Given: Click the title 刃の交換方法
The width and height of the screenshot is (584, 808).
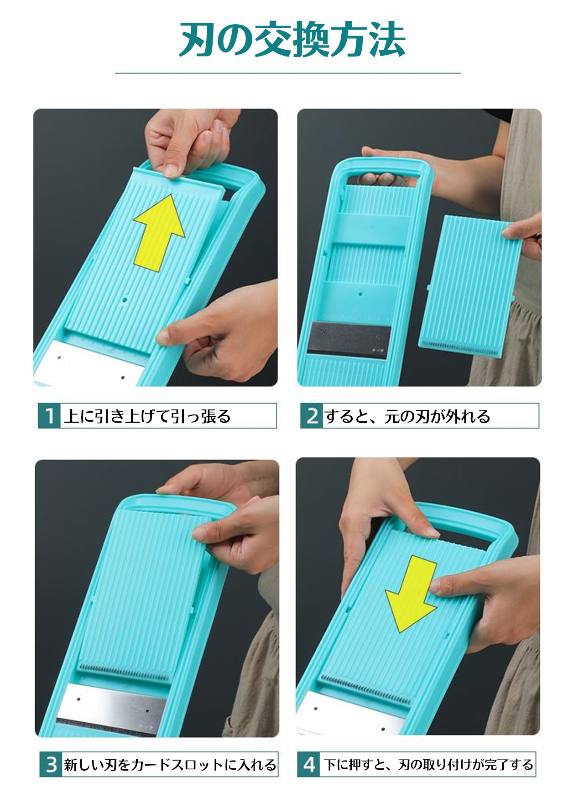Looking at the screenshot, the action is (292, 40).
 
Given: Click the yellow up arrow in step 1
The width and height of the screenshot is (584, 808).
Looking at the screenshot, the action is (159, 233).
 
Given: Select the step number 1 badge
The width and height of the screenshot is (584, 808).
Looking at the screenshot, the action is (49, 416).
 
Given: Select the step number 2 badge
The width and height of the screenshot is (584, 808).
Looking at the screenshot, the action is (312, 416).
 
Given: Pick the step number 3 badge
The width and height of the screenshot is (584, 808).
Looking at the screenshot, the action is (51, 764).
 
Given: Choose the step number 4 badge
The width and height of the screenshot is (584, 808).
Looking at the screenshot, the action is (309, 764).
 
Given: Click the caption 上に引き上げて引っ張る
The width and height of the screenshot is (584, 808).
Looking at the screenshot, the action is (147, 416).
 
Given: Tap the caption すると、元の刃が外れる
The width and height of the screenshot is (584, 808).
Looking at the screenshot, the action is (407, 416).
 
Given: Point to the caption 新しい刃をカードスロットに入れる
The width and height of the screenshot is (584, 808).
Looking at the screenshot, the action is (170, 764).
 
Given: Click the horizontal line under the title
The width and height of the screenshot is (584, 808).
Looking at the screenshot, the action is (288, 73).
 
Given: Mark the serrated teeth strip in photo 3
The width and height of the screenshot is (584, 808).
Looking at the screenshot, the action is (124, 673).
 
